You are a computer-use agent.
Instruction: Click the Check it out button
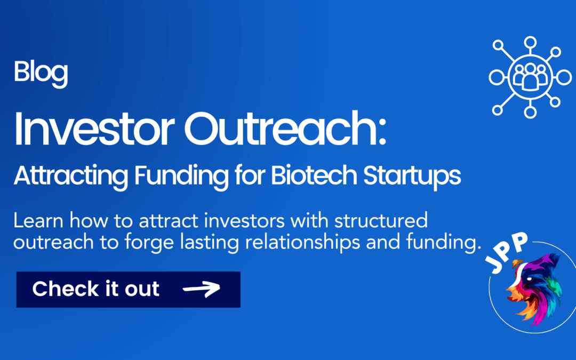coord(128,290)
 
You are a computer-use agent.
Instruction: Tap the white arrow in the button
coord(201,290)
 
